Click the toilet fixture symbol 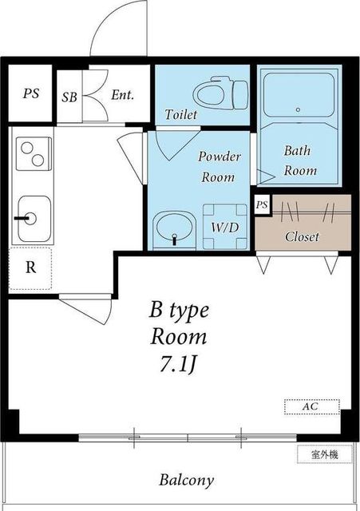220,93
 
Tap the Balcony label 186,480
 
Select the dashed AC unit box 312,406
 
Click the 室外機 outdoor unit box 325,454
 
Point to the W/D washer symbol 225,227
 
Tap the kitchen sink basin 34,219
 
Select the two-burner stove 34,154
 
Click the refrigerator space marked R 30,268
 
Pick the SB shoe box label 69,97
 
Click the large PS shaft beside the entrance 30,93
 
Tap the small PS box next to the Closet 263,205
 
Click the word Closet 302,236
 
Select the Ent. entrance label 122,95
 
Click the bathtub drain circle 298,110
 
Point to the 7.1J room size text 178,364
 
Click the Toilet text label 181,114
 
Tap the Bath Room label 299,160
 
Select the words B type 179,311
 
